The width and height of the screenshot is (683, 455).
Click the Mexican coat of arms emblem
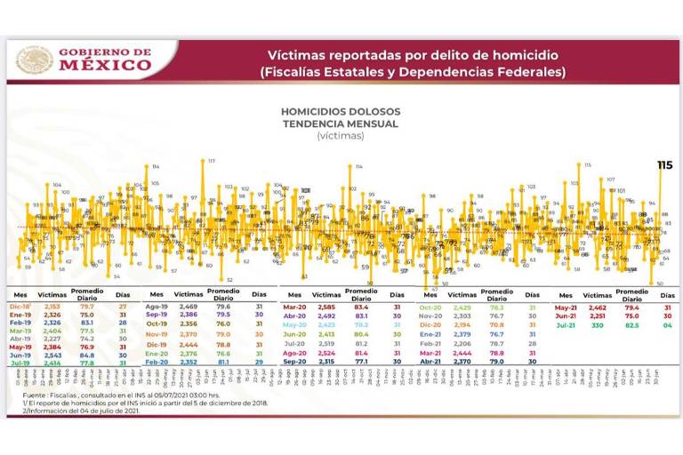pos(34,60)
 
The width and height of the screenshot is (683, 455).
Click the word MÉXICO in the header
pos(105,65)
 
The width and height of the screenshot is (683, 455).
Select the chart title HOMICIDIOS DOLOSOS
pos(341,112)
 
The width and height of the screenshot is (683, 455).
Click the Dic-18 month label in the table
pos(22,306)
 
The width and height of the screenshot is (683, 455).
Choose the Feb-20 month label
pos(157,362)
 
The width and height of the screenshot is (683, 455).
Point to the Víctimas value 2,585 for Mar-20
pos(326,306)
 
